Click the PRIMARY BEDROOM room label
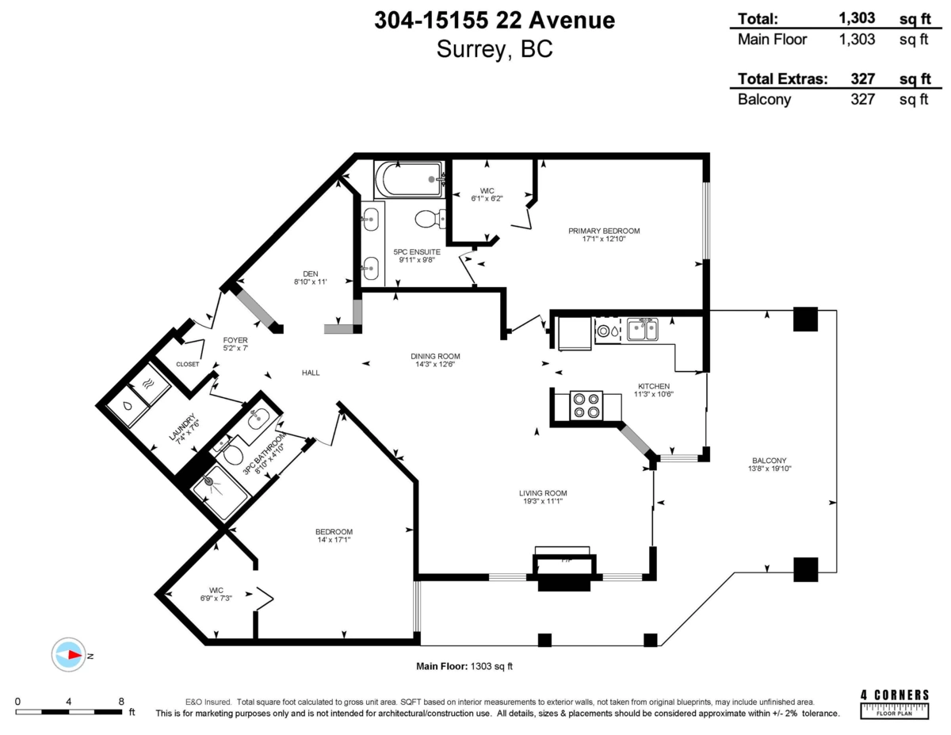coord(604,231)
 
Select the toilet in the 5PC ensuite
coord(430,219)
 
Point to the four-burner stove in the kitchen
coord(586,405)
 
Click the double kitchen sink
coord(642,329)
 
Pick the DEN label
coord(311,274)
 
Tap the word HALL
coord(311,373)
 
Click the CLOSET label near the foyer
coord(187,364)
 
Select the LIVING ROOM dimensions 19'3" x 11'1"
coord(543,501)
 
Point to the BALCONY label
coord(769,461)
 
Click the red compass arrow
coord(75,655)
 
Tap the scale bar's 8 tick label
coord(121,701)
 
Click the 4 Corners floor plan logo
coord(895,704)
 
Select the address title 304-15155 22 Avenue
coord(495,20)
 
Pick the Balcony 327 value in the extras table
coord(862,99)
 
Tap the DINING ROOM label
coord(435,356)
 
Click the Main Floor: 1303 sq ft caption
coord(464,666)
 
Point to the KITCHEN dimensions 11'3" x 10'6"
coord(653,394)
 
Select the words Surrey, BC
coord(495,49)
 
